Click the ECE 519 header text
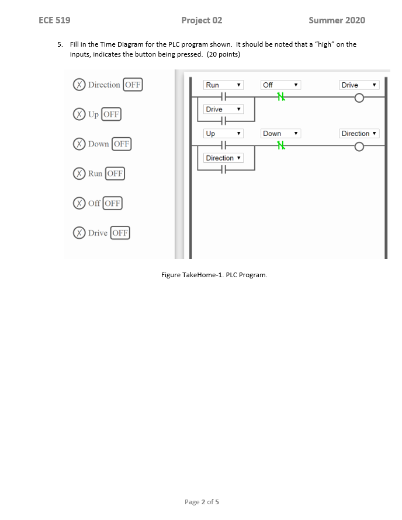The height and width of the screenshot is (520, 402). (x=54, y=20)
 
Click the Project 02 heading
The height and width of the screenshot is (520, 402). (x=202, y=20)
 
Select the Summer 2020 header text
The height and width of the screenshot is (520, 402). (x=337, y=20)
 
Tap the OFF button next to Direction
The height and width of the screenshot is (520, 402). (x=133, y=85)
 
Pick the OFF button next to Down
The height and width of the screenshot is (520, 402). (x=122, y=144)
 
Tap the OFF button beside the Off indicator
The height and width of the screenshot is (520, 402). (x=112, y=204)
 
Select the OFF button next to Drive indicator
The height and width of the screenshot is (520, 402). (x=120, y=233)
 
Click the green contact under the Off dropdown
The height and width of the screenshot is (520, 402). (x=282, y=97)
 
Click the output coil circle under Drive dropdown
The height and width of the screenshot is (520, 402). (x=359, y=97)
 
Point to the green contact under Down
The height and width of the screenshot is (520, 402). (x=282, y=146)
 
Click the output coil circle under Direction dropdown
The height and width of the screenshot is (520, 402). (x=359, y=146)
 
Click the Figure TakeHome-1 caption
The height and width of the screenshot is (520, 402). (x=214, y=275)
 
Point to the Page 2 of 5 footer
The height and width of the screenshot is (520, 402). (x=202, y=502)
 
